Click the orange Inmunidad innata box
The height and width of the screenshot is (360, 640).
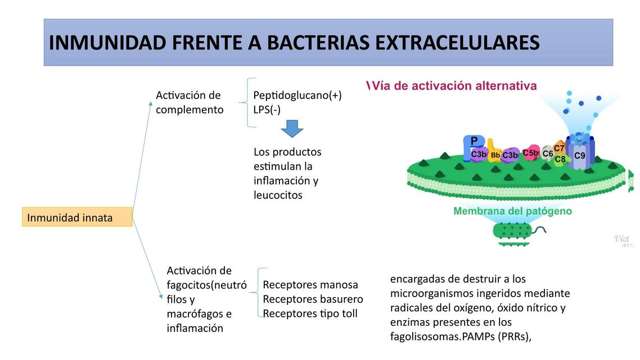(77, 217)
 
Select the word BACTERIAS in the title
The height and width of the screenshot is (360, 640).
(318, 43)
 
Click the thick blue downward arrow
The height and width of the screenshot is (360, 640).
(292, 128)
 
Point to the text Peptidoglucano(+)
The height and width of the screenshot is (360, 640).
(297, 95)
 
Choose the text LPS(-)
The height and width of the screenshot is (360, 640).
(267, 110)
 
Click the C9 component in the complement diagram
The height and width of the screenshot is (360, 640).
(579, 155)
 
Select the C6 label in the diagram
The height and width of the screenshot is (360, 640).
(547, 153)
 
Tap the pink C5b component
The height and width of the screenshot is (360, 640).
(530, 152)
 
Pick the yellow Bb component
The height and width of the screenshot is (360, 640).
(495, 155)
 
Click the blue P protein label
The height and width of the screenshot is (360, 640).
(474, 141)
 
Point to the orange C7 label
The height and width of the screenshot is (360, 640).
(559, 148)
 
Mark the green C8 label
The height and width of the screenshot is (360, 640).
(560, 159)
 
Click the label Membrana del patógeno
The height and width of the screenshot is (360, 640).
(512, 211)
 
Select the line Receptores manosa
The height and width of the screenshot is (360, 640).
(310, 284)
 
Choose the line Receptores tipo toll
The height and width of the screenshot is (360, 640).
(310, 313)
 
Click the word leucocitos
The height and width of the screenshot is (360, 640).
(278, 195)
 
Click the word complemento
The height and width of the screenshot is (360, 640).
(190, 110)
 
